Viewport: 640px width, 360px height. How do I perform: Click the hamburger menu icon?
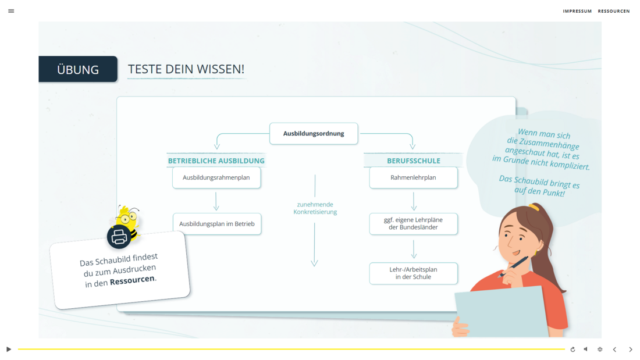(x=11, y=11)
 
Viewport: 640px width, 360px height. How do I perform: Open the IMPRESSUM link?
(x=577, y=12)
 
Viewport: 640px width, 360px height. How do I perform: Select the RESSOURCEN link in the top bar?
(x=614, y=12)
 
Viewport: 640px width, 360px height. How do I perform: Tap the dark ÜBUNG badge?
(x=78, y=69)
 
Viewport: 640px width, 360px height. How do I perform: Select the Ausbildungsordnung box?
(x=314, y=133)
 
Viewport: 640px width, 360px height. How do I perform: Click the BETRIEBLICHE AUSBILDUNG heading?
(x=216, y=161)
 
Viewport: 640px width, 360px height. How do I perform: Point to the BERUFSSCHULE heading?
(x=414, y=161)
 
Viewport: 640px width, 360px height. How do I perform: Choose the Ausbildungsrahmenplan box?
(x=216, y=177)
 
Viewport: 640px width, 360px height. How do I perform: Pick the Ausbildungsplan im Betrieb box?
(x=217, y=224)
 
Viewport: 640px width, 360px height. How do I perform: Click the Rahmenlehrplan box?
(x=414, y=177)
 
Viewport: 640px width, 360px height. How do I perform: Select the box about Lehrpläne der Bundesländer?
(x=414, y=224)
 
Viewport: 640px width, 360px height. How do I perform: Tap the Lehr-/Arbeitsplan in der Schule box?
(x=414, y=273)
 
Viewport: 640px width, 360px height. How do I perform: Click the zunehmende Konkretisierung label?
(x=315, y=208)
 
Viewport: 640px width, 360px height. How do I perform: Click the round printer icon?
(x=119, y=236)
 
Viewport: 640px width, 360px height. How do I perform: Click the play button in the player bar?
(x=9, y=350)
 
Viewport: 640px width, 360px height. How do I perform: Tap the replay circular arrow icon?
(x=573, y=350)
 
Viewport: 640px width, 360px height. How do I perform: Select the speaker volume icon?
(x=586, y=350)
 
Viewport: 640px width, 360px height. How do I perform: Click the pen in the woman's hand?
(x=514, y=267)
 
